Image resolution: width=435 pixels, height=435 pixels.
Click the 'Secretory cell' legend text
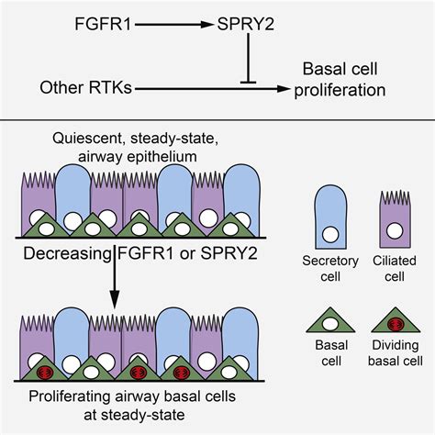(330, 271)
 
